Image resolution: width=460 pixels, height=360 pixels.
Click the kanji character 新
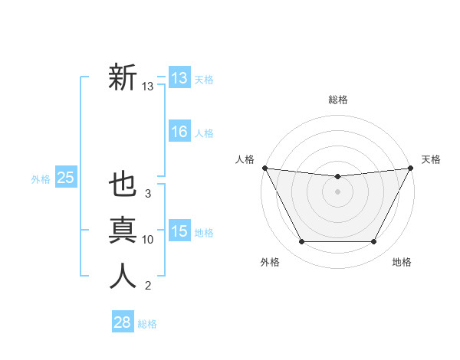(123, 78)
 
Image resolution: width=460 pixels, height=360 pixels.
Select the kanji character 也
(123, 186)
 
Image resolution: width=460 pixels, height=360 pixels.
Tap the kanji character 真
(123, 231)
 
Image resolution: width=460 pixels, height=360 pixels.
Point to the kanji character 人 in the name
(123, 277)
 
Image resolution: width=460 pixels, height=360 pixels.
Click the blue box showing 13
(179, 77)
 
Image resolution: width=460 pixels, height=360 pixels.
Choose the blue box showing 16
(179, 132)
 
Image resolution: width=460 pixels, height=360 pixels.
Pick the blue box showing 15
(179, 231)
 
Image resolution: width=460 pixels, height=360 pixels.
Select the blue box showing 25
(66, 178)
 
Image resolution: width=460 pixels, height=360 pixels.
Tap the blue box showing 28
(123, 322)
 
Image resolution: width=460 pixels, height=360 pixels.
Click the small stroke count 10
(148, 240)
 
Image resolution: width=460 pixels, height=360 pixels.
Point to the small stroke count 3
(148, 194)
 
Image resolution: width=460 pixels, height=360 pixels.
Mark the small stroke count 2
(148, 286)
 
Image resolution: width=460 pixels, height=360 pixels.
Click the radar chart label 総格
(338, 100)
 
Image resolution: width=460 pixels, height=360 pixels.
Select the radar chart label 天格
(431, 159)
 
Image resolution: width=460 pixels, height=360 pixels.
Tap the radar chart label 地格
(402, 262)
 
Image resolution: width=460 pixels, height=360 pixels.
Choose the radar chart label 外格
(270, 262)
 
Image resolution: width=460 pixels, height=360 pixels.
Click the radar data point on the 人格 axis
(265, 168)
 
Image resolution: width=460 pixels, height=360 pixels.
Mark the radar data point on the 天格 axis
(410, 168)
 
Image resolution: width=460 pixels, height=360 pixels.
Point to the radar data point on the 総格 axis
(338, 177)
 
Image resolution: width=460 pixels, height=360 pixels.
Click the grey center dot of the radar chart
(338, 191)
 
